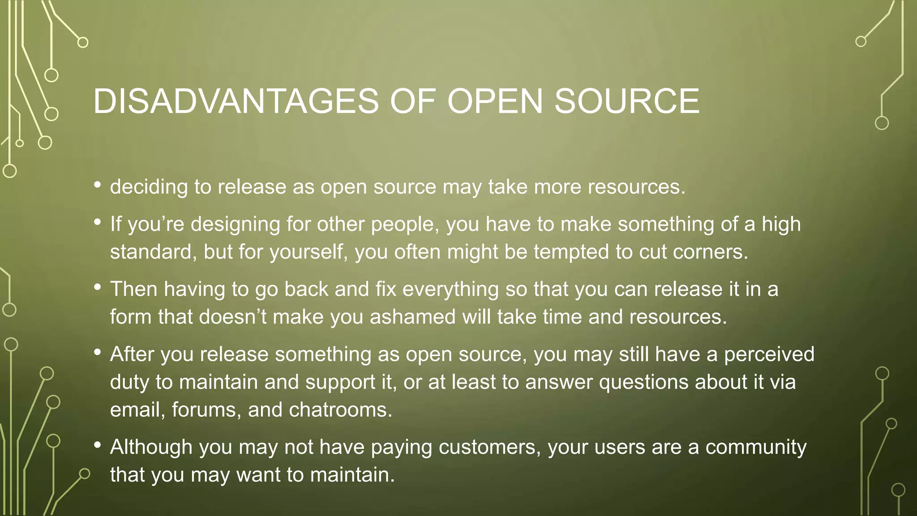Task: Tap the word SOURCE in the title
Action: [x=627, y=101]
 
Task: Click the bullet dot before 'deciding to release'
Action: [x=98, y=185]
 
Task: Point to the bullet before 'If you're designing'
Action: [x=98, y=222]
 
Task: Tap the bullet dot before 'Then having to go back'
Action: [x=98, y=287]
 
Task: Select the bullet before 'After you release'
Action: [x=98, y=352]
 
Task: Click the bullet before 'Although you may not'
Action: [x=98, y=445]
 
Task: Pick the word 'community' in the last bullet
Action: [x=756, y=447]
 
